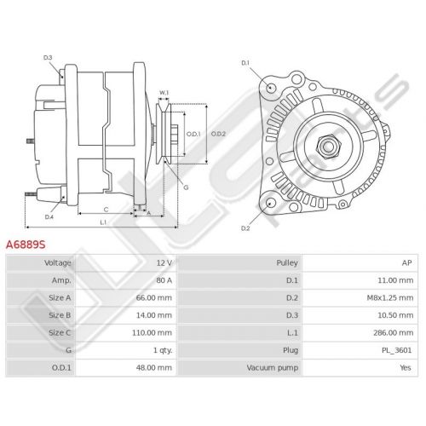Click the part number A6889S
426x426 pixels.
point(26,245)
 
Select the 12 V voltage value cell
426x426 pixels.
point(164,263)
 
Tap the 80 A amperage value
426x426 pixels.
point(164,280)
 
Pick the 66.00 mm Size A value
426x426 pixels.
point(154,298)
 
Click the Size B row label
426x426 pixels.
point(60,315)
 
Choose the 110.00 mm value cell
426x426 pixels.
point(152,333)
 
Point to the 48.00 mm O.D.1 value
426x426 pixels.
point(154,368)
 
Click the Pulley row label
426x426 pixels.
point(287,263)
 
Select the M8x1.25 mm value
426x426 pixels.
point(390,298)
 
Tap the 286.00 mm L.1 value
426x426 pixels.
point(394,333)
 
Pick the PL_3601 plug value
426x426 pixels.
point(396,350)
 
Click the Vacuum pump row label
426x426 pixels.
point(273,368)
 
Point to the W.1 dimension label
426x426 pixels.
point(164,93)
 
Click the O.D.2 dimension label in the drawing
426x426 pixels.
point(218,134)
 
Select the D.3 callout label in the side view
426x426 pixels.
point(48,58)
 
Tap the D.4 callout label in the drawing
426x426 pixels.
point(49,217)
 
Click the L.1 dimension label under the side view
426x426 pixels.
point(103,222)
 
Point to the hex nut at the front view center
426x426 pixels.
point(328,147)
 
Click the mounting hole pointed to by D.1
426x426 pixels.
point(271,87)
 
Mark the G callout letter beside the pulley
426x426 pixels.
point(186,187)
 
